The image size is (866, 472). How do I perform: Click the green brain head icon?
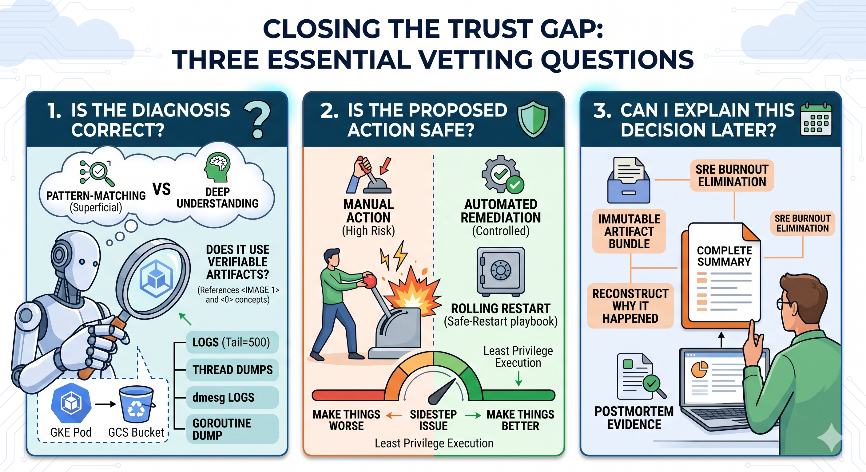[x=217, y=167]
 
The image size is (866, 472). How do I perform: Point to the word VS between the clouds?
[x=162, y=189]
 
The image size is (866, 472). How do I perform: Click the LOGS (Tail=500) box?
[x=232, y=342]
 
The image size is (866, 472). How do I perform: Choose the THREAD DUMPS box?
[x=232, y=370]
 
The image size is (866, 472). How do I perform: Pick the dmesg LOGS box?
[x=232, y=397]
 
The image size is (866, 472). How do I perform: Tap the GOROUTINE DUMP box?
[x=232, y=429]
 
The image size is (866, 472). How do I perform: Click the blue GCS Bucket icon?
[x=136, y=404]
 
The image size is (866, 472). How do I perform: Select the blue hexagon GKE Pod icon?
[x=71, y=403]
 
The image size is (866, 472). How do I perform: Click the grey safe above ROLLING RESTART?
[x=501, y=272]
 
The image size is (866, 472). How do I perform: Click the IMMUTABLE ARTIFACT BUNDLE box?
[x=629, y=231]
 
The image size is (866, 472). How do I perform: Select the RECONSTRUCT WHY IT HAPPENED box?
[x=630, y=306]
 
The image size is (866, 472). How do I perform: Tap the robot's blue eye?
[x=82, y=262]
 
